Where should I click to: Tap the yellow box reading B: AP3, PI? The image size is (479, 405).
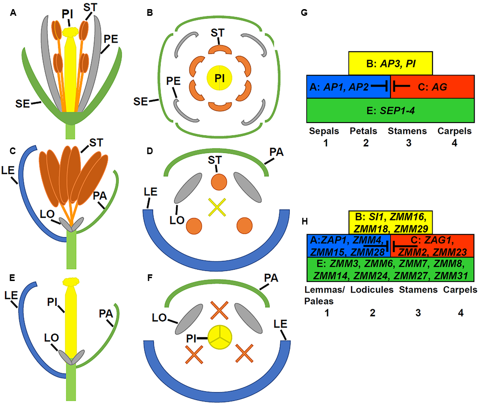[390, 63]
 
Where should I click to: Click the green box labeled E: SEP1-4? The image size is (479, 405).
[390, 110]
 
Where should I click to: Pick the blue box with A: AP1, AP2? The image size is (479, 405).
[348, 86]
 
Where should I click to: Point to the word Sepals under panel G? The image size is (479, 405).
[323, 131]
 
